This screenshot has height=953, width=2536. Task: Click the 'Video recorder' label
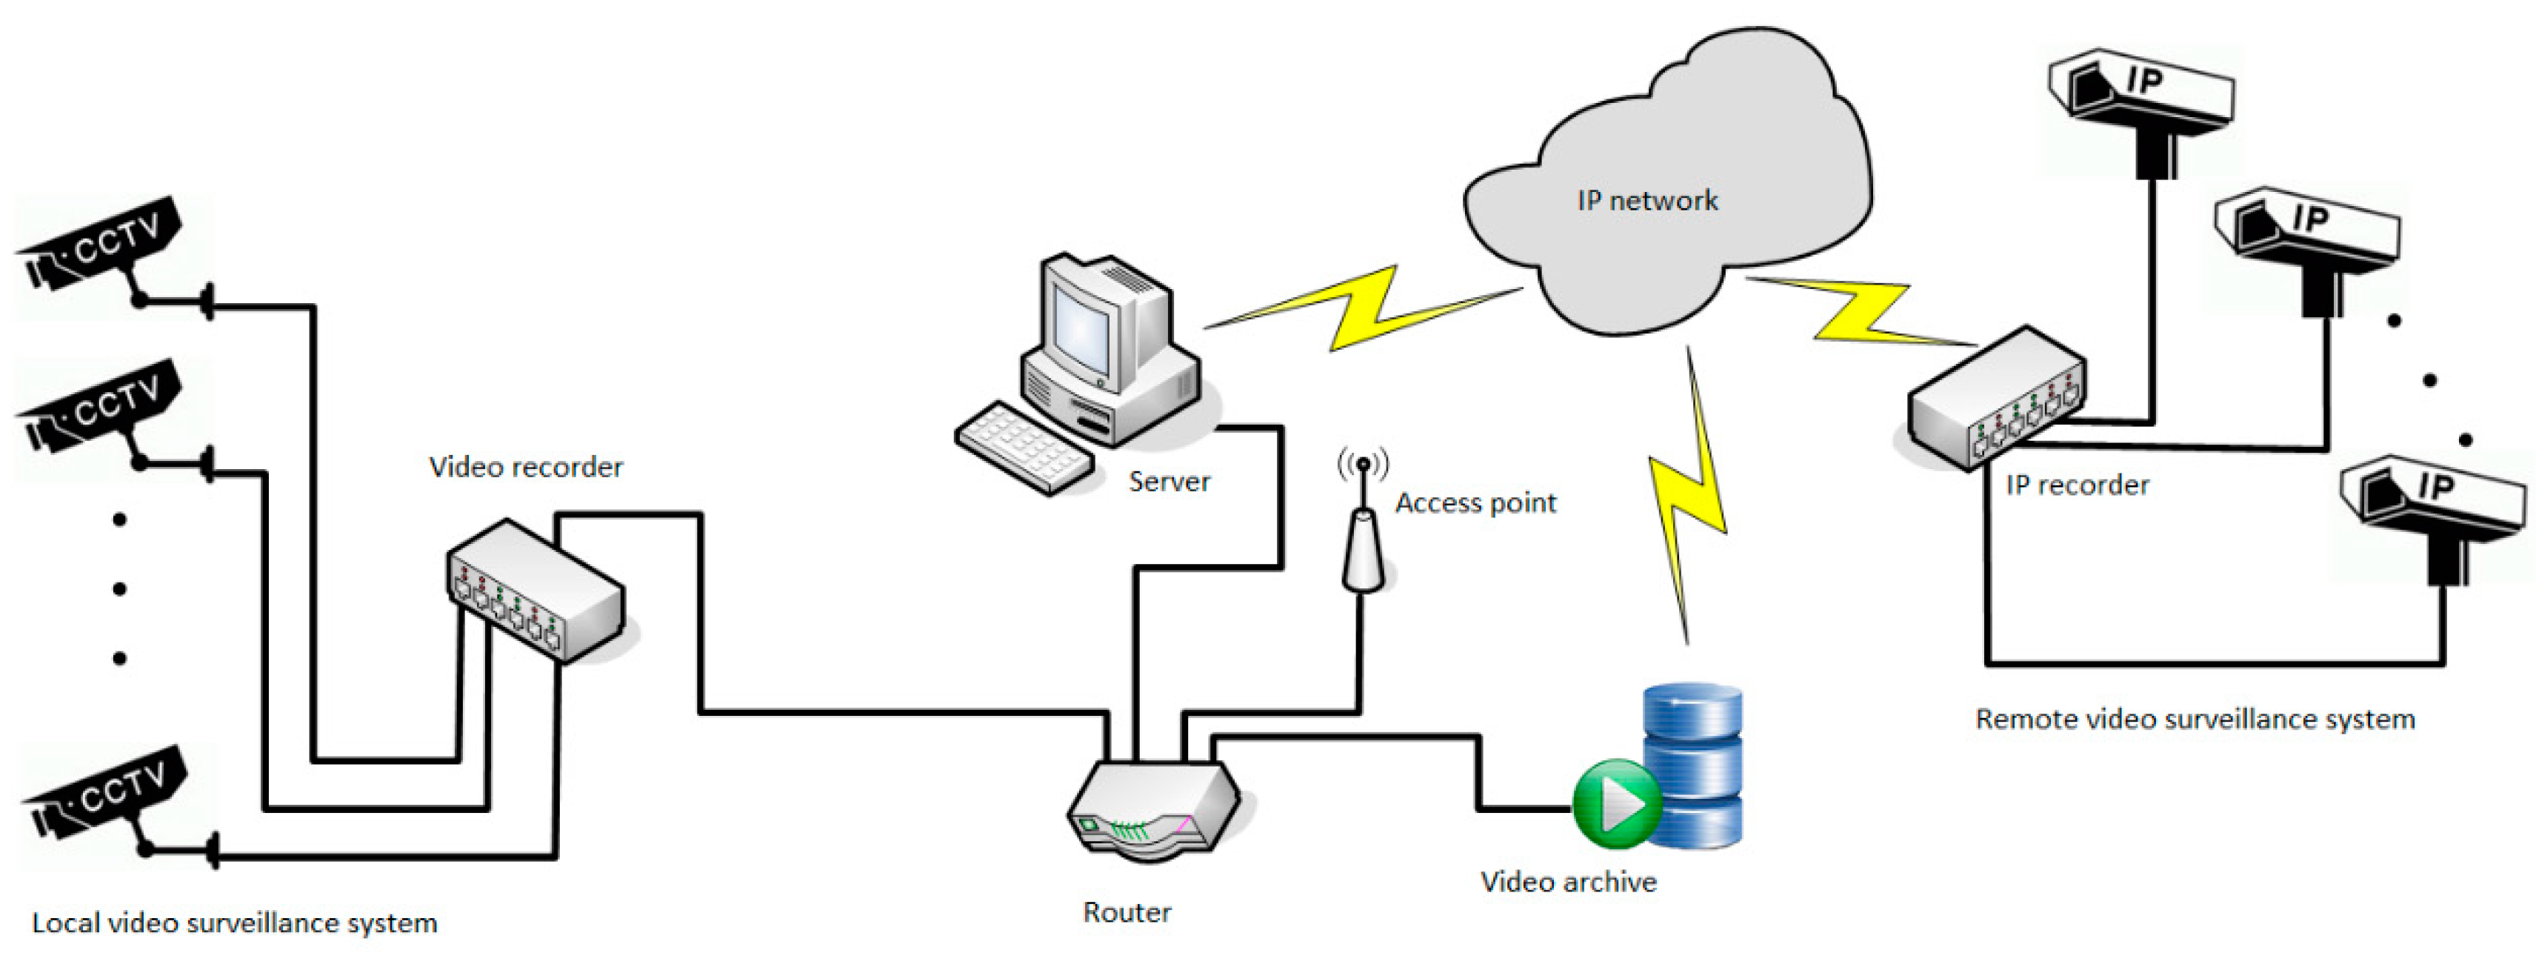tap(526, 467)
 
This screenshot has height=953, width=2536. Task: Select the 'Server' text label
tap(1169, 482)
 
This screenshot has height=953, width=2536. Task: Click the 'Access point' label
tap(1475, 503)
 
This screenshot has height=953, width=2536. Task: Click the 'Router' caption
tap(1127, 913)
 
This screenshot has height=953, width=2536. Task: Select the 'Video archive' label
tap(1568, 882)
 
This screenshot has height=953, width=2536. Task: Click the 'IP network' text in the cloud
tap(1647, 201)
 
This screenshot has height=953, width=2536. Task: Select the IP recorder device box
tap(1997, 399)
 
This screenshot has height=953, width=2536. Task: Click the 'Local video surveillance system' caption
tap(234, 923)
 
